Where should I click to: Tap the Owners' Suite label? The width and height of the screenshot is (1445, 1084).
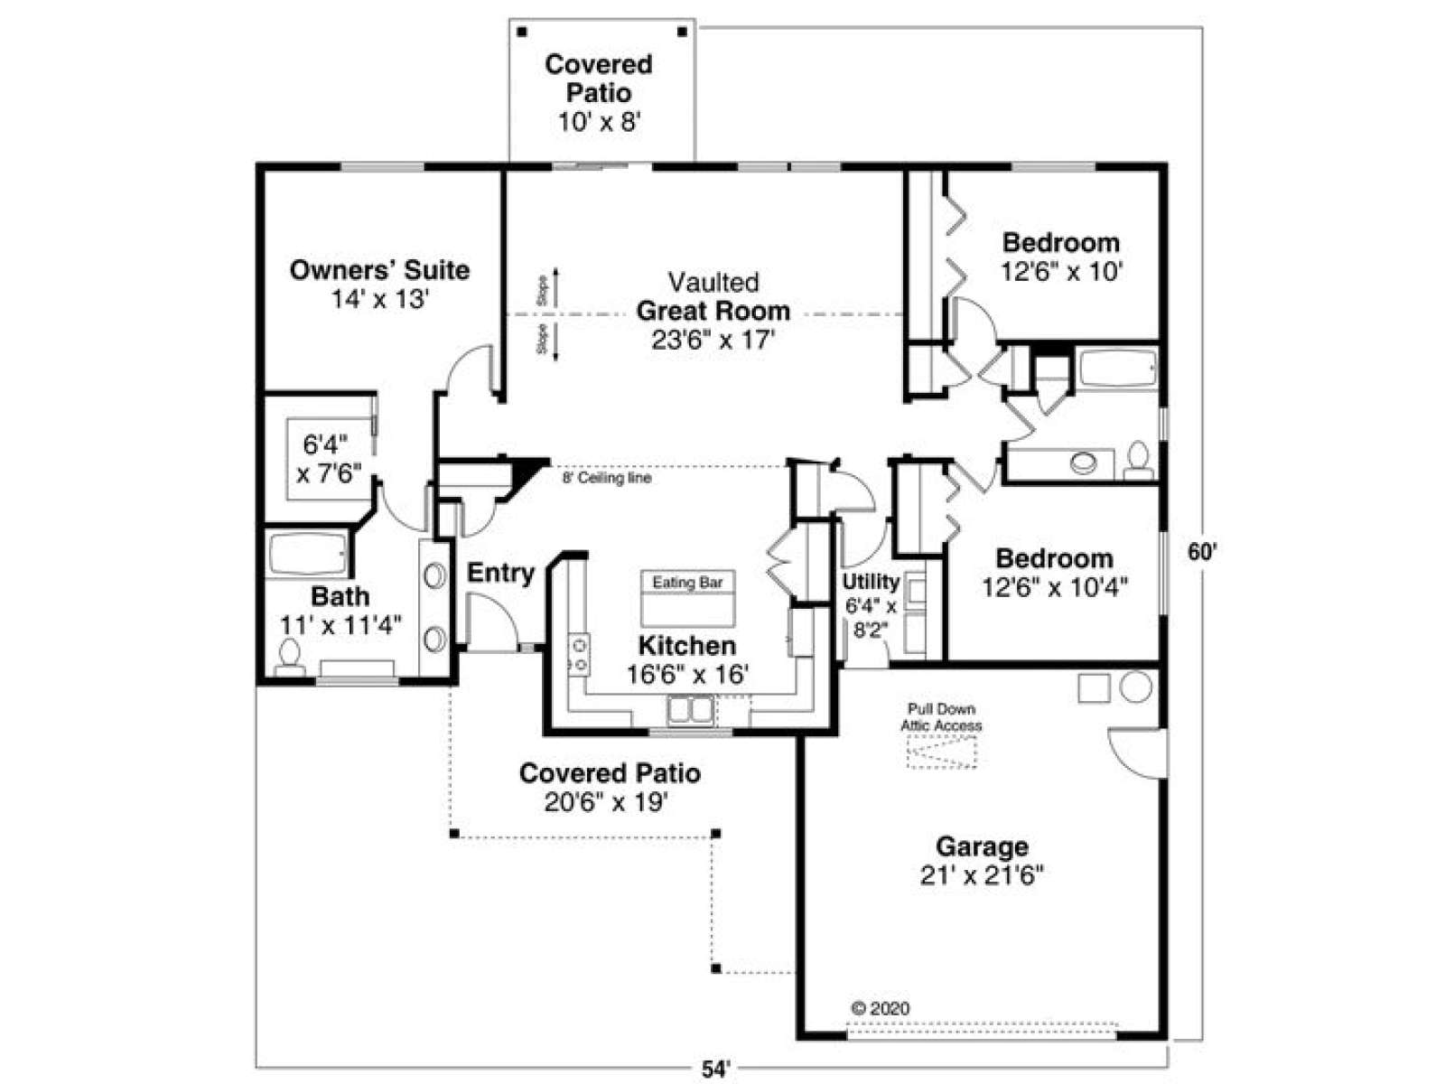(x=380, y=270)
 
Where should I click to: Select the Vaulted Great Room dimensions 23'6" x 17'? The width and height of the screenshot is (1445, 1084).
(x=713, y=341)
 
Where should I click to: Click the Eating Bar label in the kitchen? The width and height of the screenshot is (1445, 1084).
(x=687, y=583)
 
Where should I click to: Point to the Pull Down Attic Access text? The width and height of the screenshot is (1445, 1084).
(x=941, y=717)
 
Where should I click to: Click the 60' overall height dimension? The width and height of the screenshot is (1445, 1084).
(x=1203, y=551)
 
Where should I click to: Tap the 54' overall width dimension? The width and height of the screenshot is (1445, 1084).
(x=715, y=1070)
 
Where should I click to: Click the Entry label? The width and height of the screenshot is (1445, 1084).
(x=500, y=574)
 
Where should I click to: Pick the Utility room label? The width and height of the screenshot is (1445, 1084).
(x=871, y=582)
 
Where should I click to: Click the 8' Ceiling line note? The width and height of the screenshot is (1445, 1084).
(x=606, y=478)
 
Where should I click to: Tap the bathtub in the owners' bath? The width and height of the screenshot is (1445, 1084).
(x=307, y=554)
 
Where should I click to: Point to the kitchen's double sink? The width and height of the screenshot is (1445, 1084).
(x=690, y=711)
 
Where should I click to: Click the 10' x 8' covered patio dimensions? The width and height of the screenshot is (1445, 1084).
(x=599, y=123)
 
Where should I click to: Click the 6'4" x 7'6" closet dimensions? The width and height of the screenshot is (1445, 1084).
(x=329, y=459)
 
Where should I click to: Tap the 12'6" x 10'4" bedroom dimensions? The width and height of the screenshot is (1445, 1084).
(x=1055, y=587)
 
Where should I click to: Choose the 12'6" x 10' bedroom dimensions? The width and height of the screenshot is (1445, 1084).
(x=1060, y=271)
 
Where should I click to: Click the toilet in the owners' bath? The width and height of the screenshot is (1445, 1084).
(x=290, y=659)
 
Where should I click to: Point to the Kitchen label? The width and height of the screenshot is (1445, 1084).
(x=687, y=646)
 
